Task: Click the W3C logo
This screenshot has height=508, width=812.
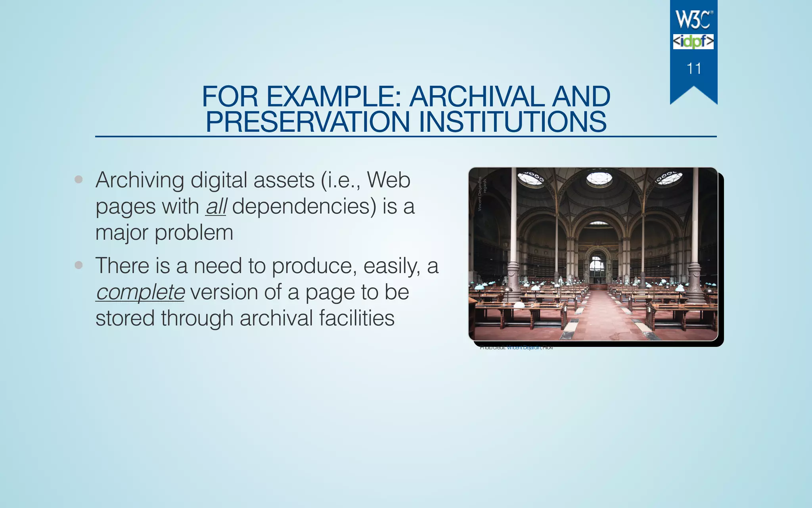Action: pyautogui.click(x=693, y=19)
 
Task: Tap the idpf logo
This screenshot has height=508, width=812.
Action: pyautogui.click(x=693, y=42)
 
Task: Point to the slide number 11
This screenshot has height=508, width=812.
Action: pyautogui.click(x=693, y=69)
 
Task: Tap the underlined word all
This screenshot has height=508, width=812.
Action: pyautogui.click(x=216, y=206)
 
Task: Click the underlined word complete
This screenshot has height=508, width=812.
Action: pyautogui.click(x=140, y=292)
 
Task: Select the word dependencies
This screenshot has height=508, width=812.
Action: pyautogui.click(x=304, y=206)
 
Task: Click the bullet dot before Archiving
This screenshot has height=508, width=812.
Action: pyautogui.click(x=79, y=179)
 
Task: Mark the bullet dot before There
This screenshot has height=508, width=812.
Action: pyautogui.click(x=79, y=265)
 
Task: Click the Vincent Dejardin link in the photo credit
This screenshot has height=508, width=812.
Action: pyautogui.click(x=523, y=348)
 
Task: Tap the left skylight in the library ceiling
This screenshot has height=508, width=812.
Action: pyautogui.click(x=530, y=178)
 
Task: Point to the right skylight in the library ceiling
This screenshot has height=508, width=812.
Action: pyautogui.click(x=669, y=178)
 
